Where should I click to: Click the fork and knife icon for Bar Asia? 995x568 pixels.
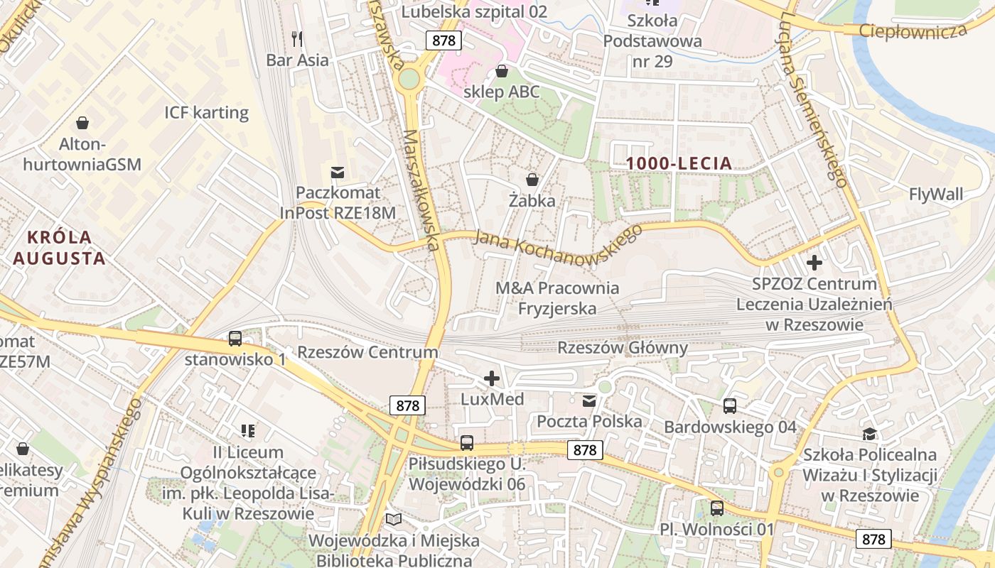point(297,38)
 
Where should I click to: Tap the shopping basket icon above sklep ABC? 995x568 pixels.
point(502,71)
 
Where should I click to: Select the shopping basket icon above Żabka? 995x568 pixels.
point(532,180)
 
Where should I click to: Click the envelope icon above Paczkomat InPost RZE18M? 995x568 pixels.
point(338,172)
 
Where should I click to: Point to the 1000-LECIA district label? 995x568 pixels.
point(679,163)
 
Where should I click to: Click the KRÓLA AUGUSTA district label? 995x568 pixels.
point(60,247)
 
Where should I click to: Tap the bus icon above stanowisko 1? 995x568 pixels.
point(235,339)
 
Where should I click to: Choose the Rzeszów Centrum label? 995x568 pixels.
point(367,352)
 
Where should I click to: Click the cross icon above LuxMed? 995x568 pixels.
point(491,378)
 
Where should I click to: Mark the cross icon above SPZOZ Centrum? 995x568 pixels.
point(814,263)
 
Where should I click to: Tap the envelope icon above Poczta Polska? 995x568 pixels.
point(589,401)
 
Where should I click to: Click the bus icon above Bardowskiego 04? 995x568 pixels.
point(730,406)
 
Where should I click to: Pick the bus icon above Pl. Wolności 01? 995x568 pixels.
point(717,508)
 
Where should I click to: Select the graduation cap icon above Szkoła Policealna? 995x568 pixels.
point(869,434)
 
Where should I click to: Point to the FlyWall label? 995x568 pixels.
point(936,195)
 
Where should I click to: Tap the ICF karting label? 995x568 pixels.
point(207,112)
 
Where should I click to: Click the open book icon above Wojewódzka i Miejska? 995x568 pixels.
point(393,520)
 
